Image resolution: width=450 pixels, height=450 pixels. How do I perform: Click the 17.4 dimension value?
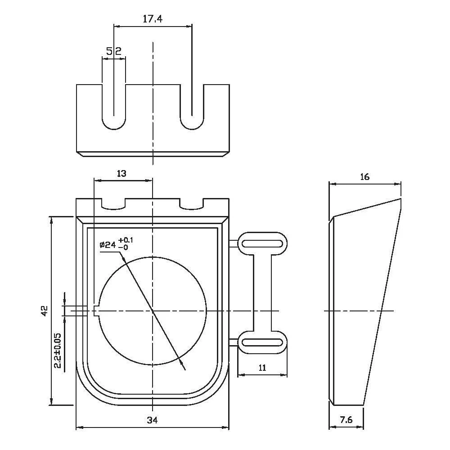tap(153, 19)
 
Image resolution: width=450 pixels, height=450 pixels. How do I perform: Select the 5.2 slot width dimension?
tap(114, 51)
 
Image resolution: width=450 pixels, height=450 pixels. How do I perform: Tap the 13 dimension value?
tap(121, 173)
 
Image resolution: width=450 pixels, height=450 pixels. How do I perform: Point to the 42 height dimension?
tap(44, 310)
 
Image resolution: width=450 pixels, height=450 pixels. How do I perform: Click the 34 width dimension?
tap(153, 420)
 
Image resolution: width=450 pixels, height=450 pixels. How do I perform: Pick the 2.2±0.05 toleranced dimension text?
tap(58, 351)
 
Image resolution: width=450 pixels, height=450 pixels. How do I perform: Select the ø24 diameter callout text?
tap(116, 244)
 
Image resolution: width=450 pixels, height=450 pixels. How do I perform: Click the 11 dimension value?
tap(263, 367)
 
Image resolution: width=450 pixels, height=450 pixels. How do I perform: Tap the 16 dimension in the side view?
tap(365, 177)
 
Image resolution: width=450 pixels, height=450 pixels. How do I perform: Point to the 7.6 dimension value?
tap(346, 420)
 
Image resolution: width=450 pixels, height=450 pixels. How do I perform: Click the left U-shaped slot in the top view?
tap(114, 108)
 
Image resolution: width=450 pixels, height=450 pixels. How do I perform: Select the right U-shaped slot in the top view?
tap(192, 108)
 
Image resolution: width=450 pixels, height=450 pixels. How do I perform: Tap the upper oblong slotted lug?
tap(263, 243)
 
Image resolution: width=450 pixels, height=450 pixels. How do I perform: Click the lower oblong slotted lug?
tap(263, 342)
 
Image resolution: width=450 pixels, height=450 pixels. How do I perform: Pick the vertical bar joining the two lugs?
tap(263, 292)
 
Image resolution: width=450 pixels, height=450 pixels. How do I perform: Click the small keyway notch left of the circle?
tap(96, 311)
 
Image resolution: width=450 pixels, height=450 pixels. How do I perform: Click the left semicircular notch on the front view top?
tap(114, 205)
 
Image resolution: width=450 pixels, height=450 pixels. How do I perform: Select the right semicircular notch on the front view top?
tap(192, 205)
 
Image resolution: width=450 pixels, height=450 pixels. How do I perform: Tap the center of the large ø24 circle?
tap(153, 311)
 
